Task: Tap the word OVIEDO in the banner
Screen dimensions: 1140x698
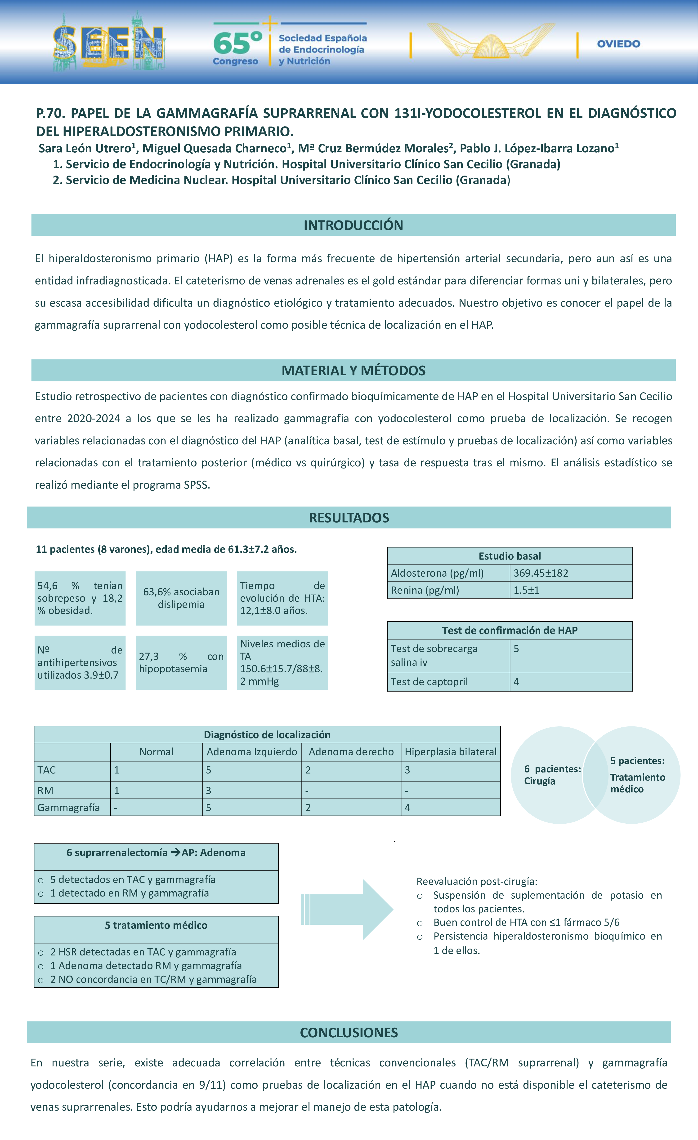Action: click(x=618, y=44)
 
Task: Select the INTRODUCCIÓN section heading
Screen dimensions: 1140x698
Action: click(x=353, y=225)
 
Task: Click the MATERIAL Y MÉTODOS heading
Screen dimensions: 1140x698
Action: click(x=353, y=371)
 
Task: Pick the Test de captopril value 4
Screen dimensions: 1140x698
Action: click(x=517, y=681)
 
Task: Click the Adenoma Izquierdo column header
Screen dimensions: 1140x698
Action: click(x=252, y=752)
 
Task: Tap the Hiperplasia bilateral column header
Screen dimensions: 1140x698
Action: click(x=450, y=752)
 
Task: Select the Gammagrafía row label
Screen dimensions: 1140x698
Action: click(x=68, y=807)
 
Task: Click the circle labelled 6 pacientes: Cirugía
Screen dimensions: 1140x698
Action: click(x=549, y=775)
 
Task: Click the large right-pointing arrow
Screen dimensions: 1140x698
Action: click(x=347, y=909)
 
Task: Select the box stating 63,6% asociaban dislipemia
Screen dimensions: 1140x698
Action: click(x=181, y=598)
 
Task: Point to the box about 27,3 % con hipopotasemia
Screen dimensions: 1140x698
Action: click(x=181, y=663)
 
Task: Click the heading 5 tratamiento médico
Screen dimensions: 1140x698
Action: click(x=156, y=925)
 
